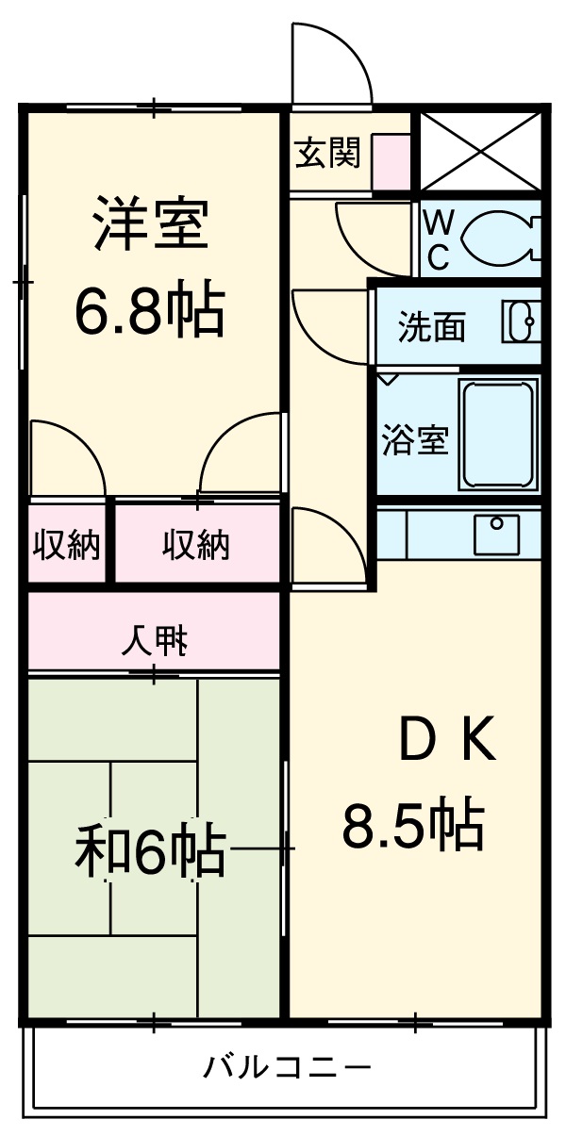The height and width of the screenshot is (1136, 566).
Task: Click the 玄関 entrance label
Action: pos(327,153)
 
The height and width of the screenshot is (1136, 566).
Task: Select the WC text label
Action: pos(439,239)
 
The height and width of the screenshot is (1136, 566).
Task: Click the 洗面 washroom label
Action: pos(431,327)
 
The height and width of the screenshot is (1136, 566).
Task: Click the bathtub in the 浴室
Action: pos(498,434)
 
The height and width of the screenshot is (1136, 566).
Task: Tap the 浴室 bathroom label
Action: pos(414,440)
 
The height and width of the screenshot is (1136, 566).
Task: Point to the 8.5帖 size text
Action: pos(412,825)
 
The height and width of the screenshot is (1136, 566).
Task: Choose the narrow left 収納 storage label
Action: pos(67,545)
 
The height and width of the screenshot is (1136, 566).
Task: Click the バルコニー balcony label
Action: pos(287,1068)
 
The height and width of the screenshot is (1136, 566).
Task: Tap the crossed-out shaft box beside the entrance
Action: pos(481,151)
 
